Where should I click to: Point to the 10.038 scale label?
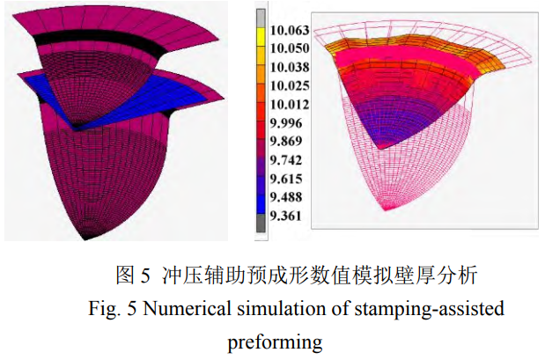285,67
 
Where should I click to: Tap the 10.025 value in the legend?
285,86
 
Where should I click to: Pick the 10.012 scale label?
285,106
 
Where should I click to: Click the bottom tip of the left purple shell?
88,236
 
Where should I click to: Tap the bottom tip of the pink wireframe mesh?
387,209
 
